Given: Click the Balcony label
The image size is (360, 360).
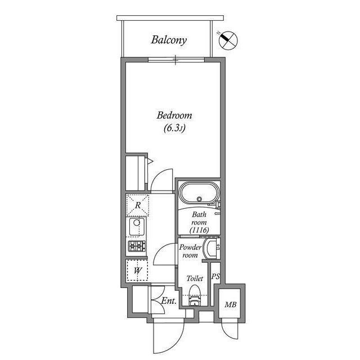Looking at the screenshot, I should (169, 40).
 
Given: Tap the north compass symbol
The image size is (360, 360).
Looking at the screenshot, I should (229, 39).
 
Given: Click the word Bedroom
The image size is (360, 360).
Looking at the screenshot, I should (174, 115).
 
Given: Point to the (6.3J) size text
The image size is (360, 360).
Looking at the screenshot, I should (174, 128).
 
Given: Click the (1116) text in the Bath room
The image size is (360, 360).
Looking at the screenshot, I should (200, 231).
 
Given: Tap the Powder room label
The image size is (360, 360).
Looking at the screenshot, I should (190, 251).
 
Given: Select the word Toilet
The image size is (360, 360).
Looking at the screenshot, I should (195, 278).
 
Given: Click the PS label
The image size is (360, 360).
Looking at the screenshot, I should (215, 277).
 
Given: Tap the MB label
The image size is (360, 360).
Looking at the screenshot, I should (230, 305).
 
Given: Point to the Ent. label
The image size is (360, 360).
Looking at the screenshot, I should (169, 302).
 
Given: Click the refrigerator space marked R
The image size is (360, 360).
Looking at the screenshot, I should (138, 205).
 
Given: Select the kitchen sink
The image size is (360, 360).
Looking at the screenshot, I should (137, 227).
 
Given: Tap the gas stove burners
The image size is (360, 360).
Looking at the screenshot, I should (137, 246).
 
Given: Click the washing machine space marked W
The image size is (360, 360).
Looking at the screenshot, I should (137, 271).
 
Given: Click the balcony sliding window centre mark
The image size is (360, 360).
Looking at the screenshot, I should (176, 58).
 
